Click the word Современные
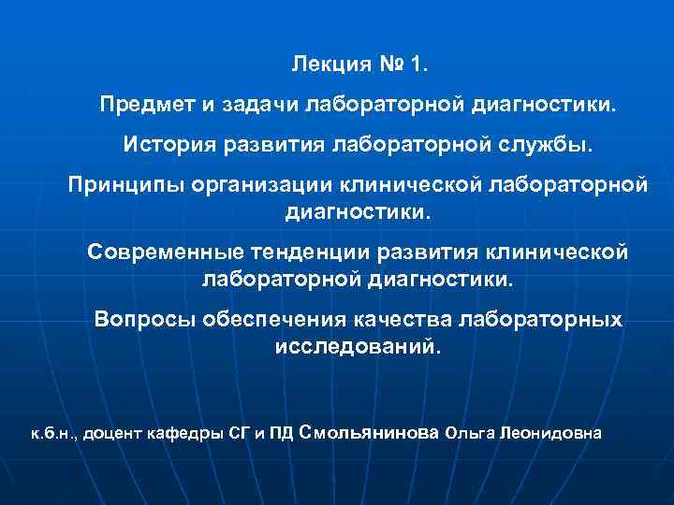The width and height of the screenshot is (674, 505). point(165,253)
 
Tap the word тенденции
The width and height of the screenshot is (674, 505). point(315,253)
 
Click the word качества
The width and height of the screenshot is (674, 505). point(404,321)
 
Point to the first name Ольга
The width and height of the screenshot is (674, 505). point(471,434)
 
